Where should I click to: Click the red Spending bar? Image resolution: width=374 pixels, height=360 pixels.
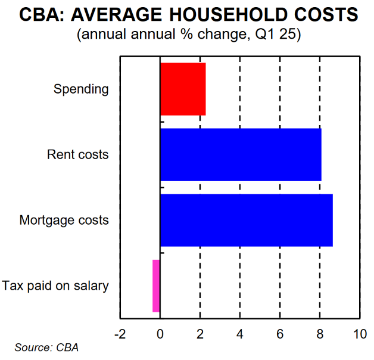click(183, 89)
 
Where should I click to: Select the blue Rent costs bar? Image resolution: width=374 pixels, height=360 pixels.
click(241, 154)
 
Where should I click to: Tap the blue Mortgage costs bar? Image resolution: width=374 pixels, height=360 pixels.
click(246, 220)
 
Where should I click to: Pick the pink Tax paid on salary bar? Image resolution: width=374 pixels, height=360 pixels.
click(156, 285)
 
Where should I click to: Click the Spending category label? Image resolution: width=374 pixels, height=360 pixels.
click(81, 89)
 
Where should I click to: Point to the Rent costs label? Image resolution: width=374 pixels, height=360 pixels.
click(78, 155)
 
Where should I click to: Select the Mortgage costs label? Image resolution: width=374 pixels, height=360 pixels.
click(64, 221)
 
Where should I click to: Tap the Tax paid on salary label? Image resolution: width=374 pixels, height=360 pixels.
click(55, 286)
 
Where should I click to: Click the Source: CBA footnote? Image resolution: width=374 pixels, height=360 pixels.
click(46, 347)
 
